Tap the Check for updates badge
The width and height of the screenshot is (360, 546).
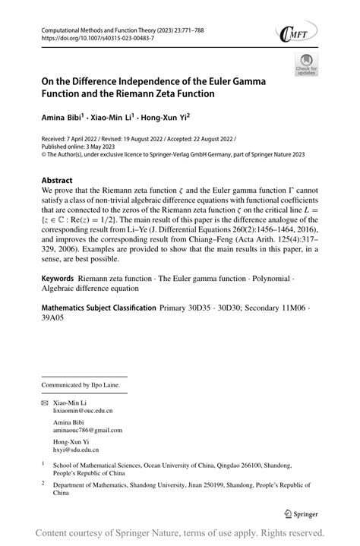click(x=306, y=67)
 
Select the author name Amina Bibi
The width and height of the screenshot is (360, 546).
click(x=62, y=118)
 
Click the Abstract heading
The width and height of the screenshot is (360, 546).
click(x=62, y=181)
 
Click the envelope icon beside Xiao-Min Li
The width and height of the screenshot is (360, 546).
click(x=45, y=399)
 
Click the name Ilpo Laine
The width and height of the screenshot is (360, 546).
click(x=109, y=383)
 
